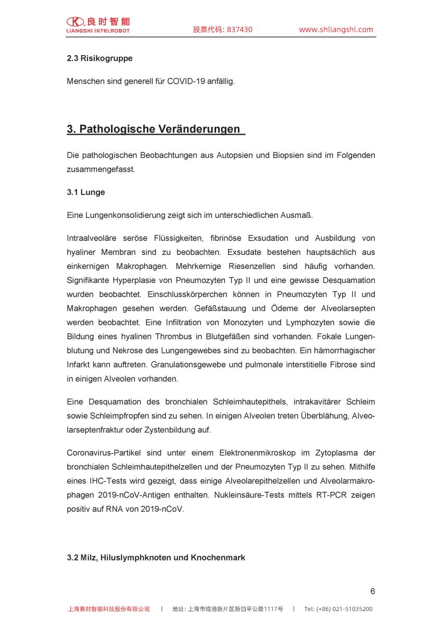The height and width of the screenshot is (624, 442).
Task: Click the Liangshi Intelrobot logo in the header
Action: [98, 24]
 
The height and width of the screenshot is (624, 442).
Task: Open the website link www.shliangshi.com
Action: [336, 30]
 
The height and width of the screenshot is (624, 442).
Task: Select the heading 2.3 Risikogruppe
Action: [99, 58]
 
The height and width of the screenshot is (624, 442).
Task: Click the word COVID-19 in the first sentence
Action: [186, 82]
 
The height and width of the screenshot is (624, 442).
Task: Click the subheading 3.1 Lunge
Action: [86, 192]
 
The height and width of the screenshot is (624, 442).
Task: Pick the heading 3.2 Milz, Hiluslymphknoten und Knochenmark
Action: [156, 557]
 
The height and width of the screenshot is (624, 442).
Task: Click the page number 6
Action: [372, 591]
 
